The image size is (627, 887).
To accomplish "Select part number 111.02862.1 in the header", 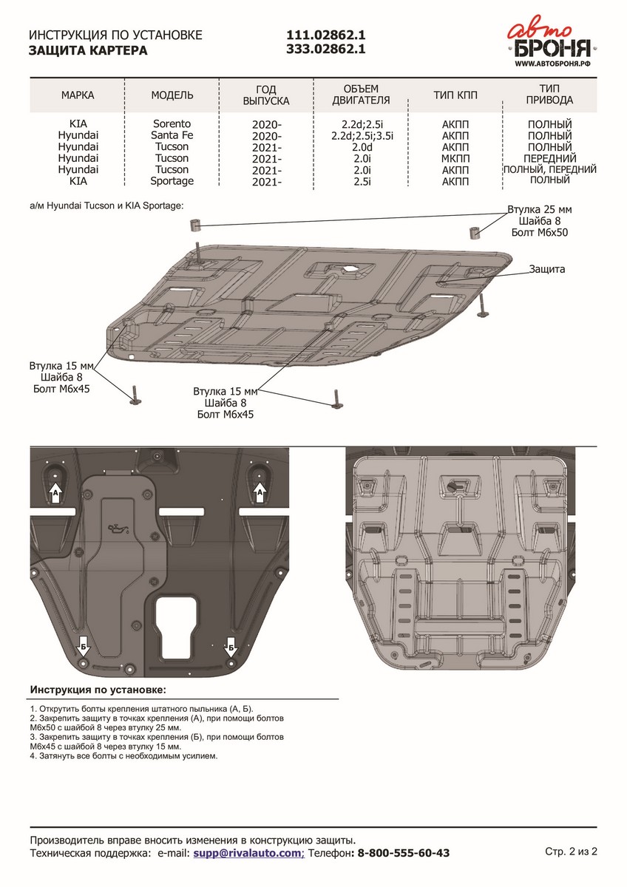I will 326,35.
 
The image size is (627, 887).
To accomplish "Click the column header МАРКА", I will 78,95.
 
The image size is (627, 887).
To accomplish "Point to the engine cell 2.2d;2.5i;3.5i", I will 362,135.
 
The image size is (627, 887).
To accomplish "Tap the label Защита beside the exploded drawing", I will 546,269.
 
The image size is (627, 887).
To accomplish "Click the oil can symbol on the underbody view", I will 115,529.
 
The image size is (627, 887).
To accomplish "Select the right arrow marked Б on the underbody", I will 231,647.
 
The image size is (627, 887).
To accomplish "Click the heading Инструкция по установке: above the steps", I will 98,690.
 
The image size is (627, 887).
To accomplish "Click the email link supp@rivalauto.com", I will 248,853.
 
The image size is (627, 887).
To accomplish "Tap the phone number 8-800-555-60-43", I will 404,853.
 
